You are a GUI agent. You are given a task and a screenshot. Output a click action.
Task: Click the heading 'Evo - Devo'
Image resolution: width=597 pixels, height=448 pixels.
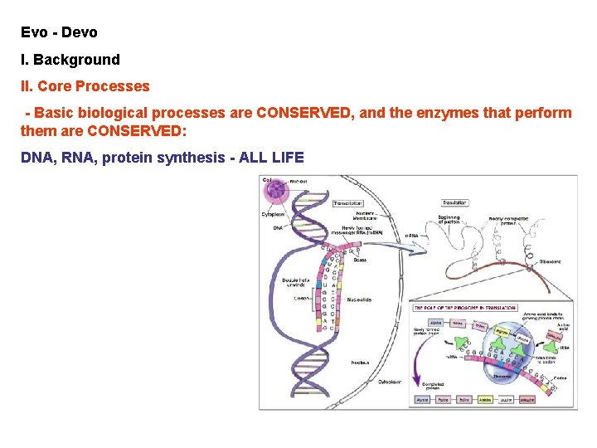(59, 32)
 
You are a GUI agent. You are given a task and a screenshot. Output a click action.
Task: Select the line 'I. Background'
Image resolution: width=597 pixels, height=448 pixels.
(70, 60)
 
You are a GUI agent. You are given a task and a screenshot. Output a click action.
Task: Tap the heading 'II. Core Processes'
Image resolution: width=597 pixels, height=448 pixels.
(85, 86)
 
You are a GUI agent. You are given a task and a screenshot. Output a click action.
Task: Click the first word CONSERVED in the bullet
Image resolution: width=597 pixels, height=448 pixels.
(303, 113)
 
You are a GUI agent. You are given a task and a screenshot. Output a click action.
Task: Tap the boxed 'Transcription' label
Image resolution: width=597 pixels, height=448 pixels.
(347, 203)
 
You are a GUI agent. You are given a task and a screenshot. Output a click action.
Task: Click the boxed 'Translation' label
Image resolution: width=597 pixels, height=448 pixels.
(455, 202)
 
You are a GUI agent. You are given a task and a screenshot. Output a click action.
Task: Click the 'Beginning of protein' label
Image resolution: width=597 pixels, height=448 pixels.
(449, 221)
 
